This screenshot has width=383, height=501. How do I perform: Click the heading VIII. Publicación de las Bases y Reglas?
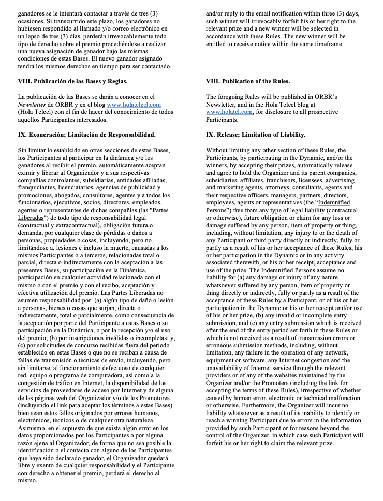pos(72,82)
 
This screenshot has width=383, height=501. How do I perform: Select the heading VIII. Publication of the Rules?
pos(248,82)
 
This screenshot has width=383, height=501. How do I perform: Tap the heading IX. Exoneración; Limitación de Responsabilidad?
pos(86,135)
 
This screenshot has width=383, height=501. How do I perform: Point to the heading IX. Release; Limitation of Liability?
pos(256,135)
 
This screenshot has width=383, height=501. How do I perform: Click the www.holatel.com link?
pos(229,112)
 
